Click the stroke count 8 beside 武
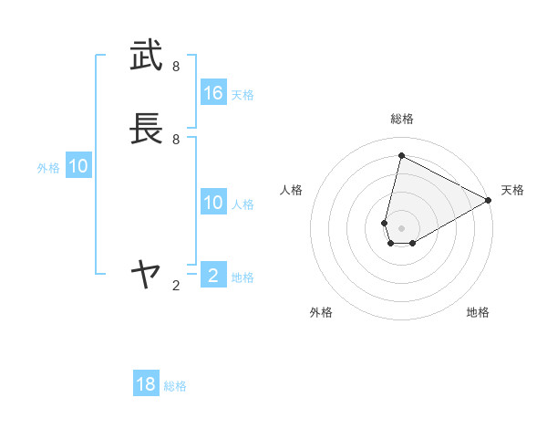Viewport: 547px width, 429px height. pos(176,67)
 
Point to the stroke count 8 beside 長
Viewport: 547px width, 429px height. pos(176,139)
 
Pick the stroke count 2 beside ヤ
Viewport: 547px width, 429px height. pos(176,286)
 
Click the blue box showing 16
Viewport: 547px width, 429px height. pos(213,93)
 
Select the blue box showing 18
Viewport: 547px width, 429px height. pos(146,384)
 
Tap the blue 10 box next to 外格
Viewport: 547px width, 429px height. pos(78,166)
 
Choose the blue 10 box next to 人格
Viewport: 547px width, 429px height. pos(213,203)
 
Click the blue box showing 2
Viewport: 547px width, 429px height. pos(213,275)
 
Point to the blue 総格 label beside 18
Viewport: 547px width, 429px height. pos(175,386)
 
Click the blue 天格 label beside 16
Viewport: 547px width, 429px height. pos(243,95)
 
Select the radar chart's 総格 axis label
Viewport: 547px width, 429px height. pos(401,119)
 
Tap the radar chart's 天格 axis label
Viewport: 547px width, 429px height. pos(512,190)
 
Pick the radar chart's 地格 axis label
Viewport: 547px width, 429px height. pos(478,312)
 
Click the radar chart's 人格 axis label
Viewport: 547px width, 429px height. pos(292,190)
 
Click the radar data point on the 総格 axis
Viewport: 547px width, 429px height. pos(401,156)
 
